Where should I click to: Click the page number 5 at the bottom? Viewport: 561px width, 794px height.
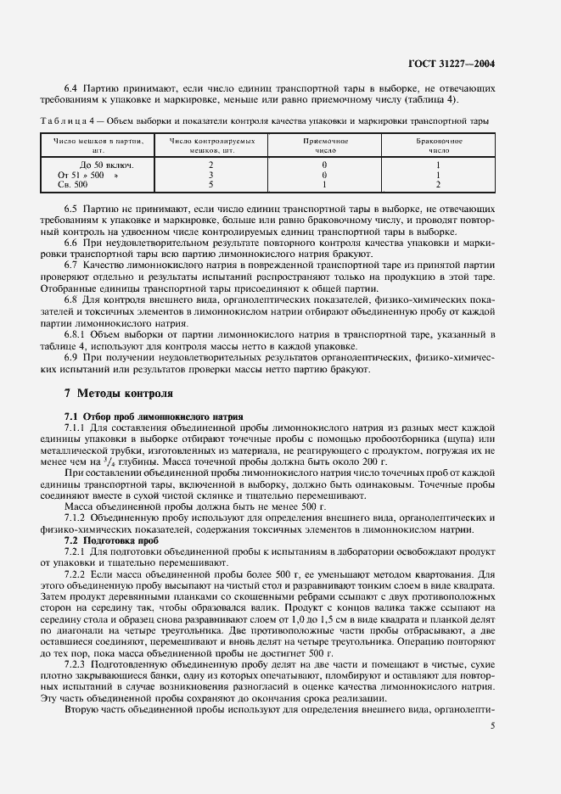[493, 725]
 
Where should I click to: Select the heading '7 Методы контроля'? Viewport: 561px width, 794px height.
[119, 394]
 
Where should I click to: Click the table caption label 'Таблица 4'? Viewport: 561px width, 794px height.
[67, 121]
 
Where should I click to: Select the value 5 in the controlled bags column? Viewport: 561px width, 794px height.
[210, 183]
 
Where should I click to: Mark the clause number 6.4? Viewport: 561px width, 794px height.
[71, 87]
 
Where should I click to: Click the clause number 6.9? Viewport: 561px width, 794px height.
[71, 358]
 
